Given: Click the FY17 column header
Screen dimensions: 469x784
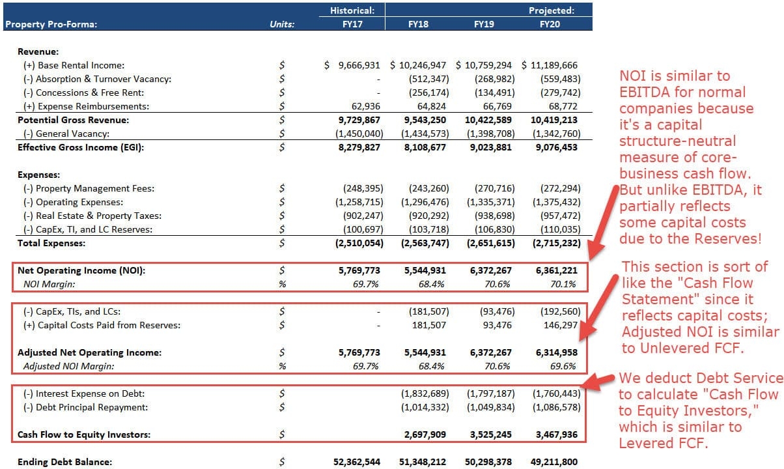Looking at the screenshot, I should tap(352, 25).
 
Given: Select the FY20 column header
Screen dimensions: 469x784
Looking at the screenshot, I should tap(550, 25).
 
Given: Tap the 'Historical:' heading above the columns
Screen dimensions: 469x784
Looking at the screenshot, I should tap(352, 10).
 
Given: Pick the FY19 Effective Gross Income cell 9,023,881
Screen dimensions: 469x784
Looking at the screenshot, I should tap(490, 147).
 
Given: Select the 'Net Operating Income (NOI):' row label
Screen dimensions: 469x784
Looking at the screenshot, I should tap(81, 271).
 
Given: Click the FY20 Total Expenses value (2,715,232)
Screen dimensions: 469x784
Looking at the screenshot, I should tap(554, 243).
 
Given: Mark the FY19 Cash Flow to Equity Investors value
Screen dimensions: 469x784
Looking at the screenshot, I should tap(490, 434).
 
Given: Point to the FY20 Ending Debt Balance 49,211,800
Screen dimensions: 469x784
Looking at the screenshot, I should tap(553, 462).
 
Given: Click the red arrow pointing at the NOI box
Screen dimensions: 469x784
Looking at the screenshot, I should tap(603, 222).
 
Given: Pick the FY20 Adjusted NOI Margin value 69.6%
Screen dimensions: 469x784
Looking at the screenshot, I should tap(563, 366).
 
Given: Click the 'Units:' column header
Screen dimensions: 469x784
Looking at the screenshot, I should tap(282, 25).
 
